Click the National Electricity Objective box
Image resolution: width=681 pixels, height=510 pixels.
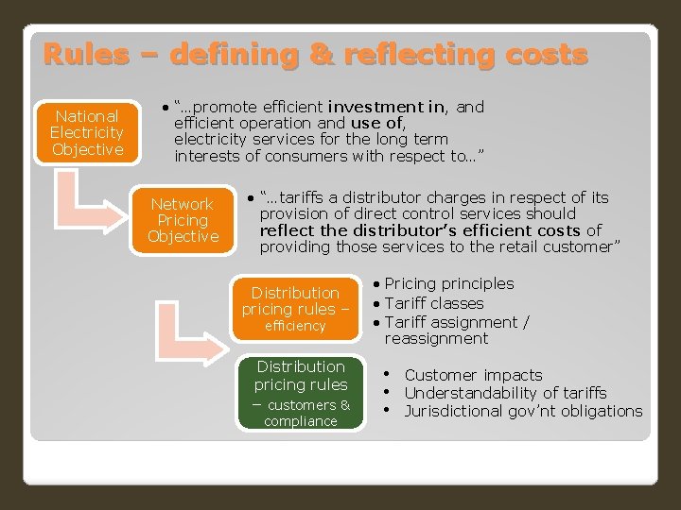tap(87, 132)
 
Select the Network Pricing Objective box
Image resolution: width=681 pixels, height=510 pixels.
tap(183, 220)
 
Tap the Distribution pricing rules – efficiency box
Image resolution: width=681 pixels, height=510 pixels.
tap(295, 308)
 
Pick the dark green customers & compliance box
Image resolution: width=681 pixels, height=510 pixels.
tap(301, 393)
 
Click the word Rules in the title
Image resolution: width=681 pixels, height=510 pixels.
tap(85, 54)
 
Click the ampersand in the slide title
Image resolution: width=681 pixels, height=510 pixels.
tap(321, 54)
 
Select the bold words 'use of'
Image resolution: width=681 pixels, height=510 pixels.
tap(377, 123)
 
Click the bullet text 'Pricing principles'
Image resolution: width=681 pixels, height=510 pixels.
tap(449, 283)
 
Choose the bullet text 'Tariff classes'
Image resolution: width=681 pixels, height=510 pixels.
tap(434, 303)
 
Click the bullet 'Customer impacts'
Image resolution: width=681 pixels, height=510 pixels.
tap(473, 375)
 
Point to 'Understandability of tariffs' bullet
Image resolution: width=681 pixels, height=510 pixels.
tap(505, 393)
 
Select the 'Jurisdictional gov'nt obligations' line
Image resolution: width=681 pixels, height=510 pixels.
tap(523, 411)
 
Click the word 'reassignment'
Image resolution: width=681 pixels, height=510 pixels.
tap(436, 338)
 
